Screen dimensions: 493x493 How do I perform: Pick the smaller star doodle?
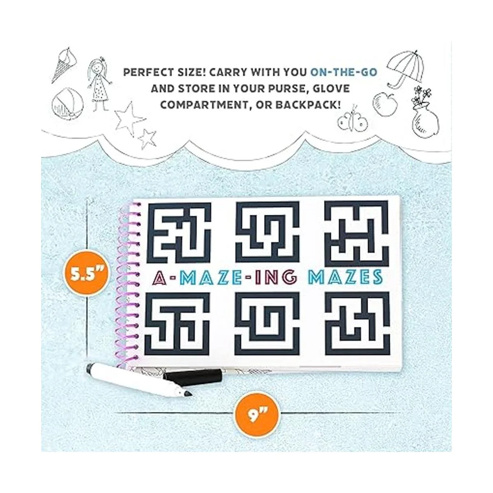click(147, 138)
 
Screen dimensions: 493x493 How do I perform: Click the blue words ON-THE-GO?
click(343, 73)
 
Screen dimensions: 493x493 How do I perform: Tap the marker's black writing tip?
click(189, 400)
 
